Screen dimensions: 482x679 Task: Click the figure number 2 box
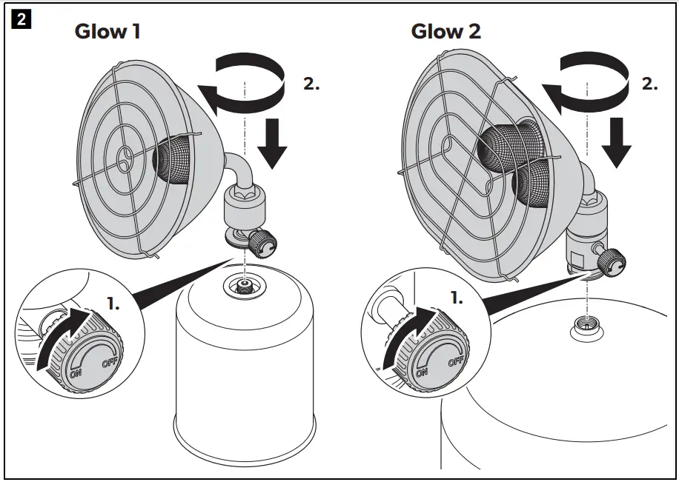tap(20, 20)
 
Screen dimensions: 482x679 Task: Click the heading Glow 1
tap(107, 33)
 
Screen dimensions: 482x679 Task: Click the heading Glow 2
tap(446, 32)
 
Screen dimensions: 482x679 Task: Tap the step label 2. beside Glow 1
tap(311, 84)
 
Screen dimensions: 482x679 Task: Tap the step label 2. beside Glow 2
tap(649, 84)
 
